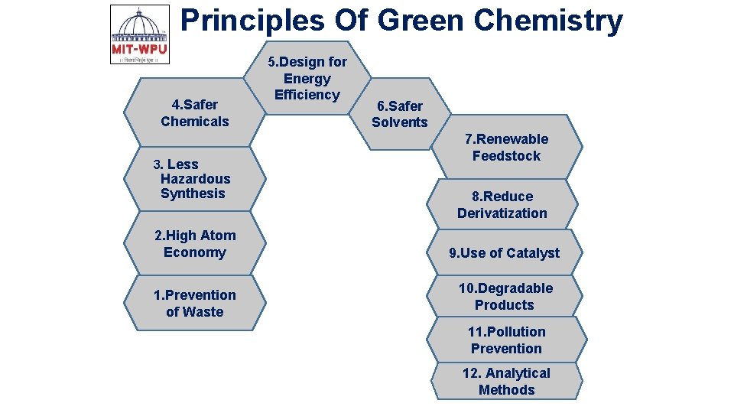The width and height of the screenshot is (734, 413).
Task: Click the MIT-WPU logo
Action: pos(140,34)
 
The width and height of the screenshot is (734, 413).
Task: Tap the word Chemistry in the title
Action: pos(547,20)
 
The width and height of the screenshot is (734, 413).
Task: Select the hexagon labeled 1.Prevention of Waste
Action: pos(195,304)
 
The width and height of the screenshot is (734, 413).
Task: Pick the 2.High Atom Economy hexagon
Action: pos(195,244)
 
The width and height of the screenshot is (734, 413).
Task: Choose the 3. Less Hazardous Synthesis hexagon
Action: pos(195,179)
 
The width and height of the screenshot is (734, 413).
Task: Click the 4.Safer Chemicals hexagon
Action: pos(195,112)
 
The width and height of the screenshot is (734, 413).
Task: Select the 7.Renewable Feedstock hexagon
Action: pos(510,147)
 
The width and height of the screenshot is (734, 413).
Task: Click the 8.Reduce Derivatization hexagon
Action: pos(502,204)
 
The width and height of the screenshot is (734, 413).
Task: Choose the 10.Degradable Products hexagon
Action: pos(505,296)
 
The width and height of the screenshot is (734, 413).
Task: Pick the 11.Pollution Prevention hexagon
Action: pos(506,340)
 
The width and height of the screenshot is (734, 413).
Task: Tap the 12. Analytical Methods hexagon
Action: pos(506,381)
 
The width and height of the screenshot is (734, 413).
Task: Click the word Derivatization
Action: pos(502,213)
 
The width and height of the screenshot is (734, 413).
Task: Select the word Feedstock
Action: pos(506,156)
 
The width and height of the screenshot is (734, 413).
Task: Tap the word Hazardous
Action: pos(195,179)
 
